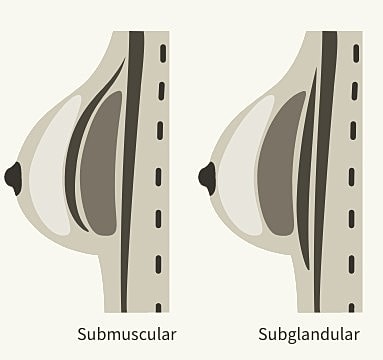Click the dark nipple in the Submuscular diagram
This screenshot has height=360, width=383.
point(12,178)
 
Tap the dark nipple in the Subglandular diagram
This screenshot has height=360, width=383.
point(207,178)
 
